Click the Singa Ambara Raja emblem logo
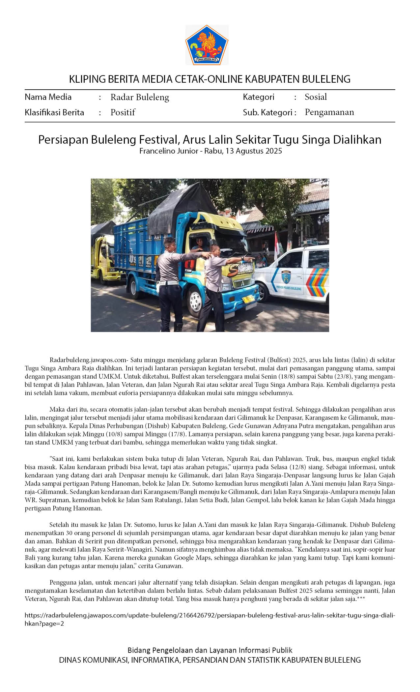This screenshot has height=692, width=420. coord(207,45)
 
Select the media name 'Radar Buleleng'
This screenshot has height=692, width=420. coord(140,97)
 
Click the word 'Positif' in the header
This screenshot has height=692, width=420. coord(123,112)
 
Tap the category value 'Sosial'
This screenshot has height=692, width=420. coord(316,97)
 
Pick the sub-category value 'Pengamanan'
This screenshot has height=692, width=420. coord(329,112)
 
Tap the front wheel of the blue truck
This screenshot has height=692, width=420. coord(195,301)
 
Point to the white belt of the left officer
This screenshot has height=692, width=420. coord(168,283)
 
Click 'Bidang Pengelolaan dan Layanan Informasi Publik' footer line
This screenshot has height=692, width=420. coord(210,650)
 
